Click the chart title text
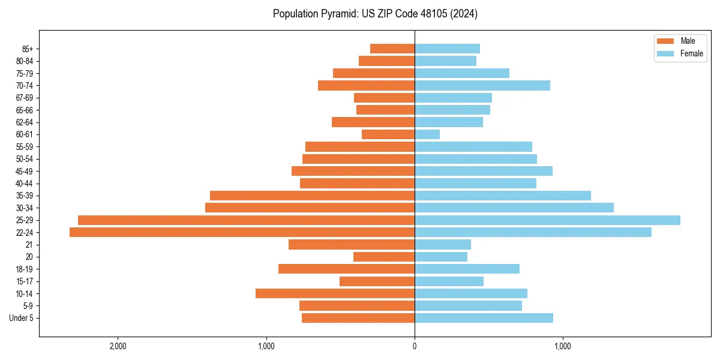(375, 14)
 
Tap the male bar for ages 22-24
(242, 232)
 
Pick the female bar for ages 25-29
(547, 220)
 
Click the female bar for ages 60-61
(427, 134)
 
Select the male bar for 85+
(392, 49)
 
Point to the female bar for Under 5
(484, 318)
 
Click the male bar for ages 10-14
(335, 293)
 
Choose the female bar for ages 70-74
(482, 85)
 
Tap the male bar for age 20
(384, 257)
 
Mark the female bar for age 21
(443, 245)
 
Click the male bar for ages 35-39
(312, 196)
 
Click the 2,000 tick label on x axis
(118, 346)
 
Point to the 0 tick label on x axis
(415, 346)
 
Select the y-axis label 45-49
(25, 171)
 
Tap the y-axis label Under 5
(21, 318)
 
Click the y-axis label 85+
(28, 49)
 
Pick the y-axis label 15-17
(25, 281)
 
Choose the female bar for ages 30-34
(514, 208)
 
